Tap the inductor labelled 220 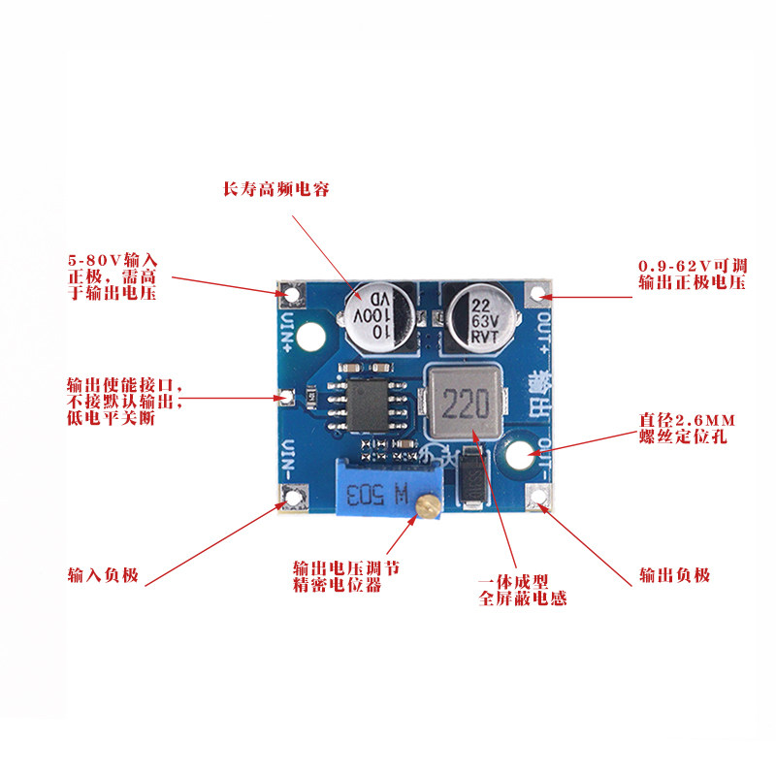tap(465, 403)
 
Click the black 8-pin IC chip tap(368, 405)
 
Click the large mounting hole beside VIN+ tap(311, 337)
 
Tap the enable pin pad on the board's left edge tap(286, 397)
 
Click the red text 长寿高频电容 tap(276, 189)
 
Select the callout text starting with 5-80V tap(113, 276)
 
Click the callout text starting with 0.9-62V tap(693, 274)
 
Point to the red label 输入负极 tap(103, 575)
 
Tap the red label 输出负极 tap(674, 575)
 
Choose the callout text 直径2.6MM tap(687, 421)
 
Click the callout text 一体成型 tap(513, 582)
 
